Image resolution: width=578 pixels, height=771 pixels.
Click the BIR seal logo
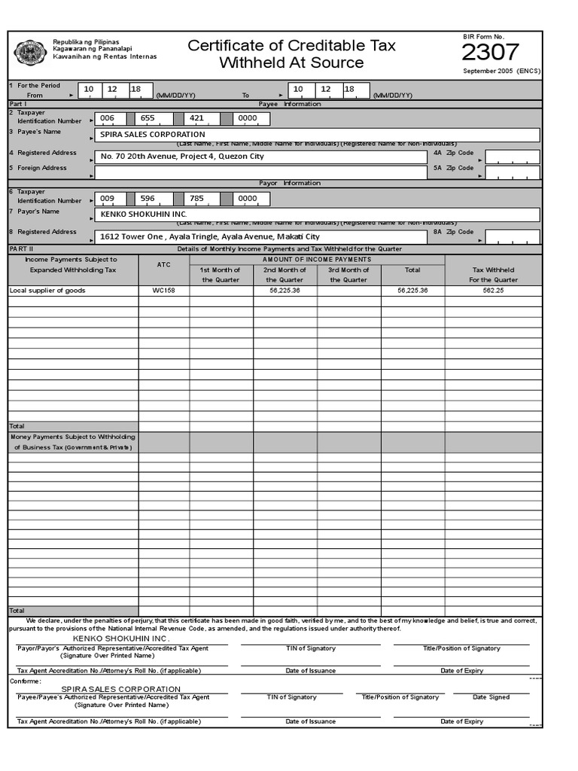coord(30,53)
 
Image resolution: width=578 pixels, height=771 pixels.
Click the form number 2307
coord(490,52)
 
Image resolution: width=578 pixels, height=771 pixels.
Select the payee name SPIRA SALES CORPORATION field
coord(316,135)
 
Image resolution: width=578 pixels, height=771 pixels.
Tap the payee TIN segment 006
coord(108,119)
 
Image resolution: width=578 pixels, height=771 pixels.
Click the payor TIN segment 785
coord(197,200)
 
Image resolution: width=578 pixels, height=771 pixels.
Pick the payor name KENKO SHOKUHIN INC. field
coord(316,215)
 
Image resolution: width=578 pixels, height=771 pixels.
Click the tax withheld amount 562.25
coord(493,291)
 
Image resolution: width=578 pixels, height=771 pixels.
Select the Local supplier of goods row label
coord(47,291)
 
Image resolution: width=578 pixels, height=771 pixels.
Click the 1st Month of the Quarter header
coord(221,275)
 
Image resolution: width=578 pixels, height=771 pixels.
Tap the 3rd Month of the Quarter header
coord(348,275)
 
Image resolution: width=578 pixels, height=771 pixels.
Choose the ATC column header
coord(164,265)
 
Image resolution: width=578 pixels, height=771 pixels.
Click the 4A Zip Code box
coord(512,157)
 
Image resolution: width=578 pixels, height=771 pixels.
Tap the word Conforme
coord(26,681)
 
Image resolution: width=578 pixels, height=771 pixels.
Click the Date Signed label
coord(491,697)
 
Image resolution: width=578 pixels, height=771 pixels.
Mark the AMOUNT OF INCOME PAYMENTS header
coord(316,259)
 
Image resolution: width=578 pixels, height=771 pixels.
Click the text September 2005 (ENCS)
coord(501,72)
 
